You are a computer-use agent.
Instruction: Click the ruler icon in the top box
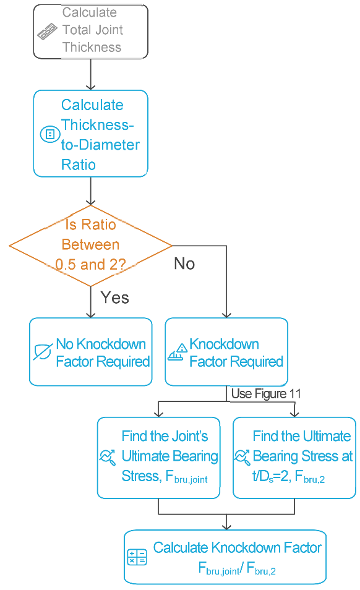click(48, 32)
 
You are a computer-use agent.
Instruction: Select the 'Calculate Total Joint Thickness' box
click(91, 32)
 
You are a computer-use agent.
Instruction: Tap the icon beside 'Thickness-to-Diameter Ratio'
click(50, 134)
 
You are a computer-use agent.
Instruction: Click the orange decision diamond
click(91, 246)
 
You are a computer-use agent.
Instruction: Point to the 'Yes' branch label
click(114, 297)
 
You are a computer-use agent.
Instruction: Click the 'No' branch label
click(184, 263)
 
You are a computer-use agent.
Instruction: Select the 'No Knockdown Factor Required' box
click(91, 352)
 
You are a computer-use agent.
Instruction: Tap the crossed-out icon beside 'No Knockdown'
click(43, 352)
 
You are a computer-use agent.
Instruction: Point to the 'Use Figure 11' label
click(266, 393)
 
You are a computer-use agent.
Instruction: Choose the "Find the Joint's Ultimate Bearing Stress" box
click(159, 458)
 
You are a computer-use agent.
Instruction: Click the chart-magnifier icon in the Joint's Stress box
click(108, 457)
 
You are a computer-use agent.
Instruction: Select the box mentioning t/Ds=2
click(294, 458)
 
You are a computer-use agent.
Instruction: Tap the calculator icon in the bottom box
click(137, 557)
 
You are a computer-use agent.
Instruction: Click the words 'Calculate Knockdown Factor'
click(238, 548)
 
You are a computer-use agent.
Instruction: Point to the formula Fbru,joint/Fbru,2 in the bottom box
click(237, 568)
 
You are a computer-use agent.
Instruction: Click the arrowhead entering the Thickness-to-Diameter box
click(91, 87)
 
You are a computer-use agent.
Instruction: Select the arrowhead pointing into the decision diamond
click(91, 202)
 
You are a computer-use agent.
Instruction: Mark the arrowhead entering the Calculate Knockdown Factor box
click(226, 527)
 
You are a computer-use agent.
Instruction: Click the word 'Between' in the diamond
click(91, 244)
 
